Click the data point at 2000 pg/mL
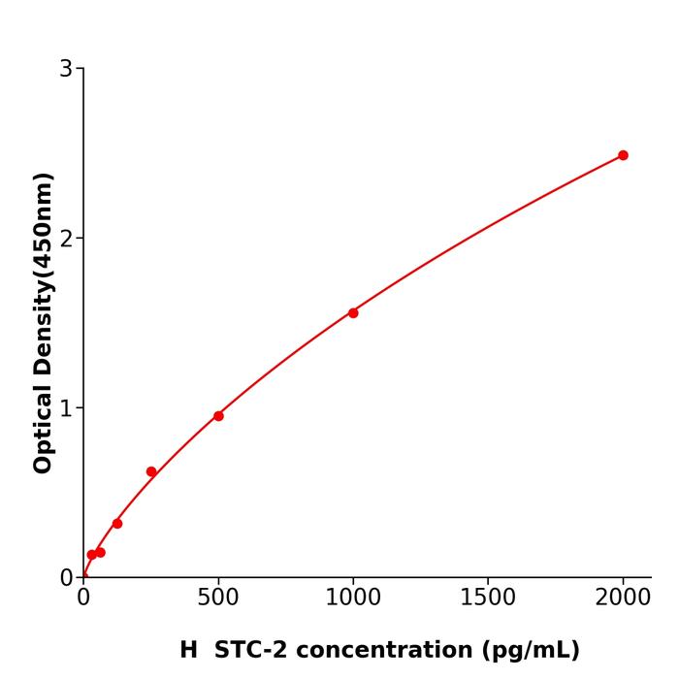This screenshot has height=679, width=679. (623, 155)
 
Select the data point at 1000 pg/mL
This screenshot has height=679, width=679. (353, 312)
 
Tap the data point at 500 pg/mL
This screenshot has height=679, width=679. (218, 416)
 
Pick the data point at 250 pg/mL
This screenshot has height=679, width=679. (151, 471)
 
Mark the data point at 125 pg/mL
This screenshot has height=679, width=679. (117, 523)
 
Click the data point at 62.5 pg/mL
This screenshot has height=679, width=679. (100, 552)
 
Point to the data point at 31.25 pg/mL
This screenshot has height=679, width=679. (92, 555)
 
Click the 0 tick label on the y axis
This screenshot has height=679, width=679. (66, 577)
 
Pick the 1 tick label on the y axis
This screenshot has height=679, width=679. (66, 407)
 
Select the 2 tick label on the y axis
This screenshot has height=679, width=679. (66, 238)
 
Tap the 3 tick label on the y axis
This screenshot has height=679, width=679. (66, 68)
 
